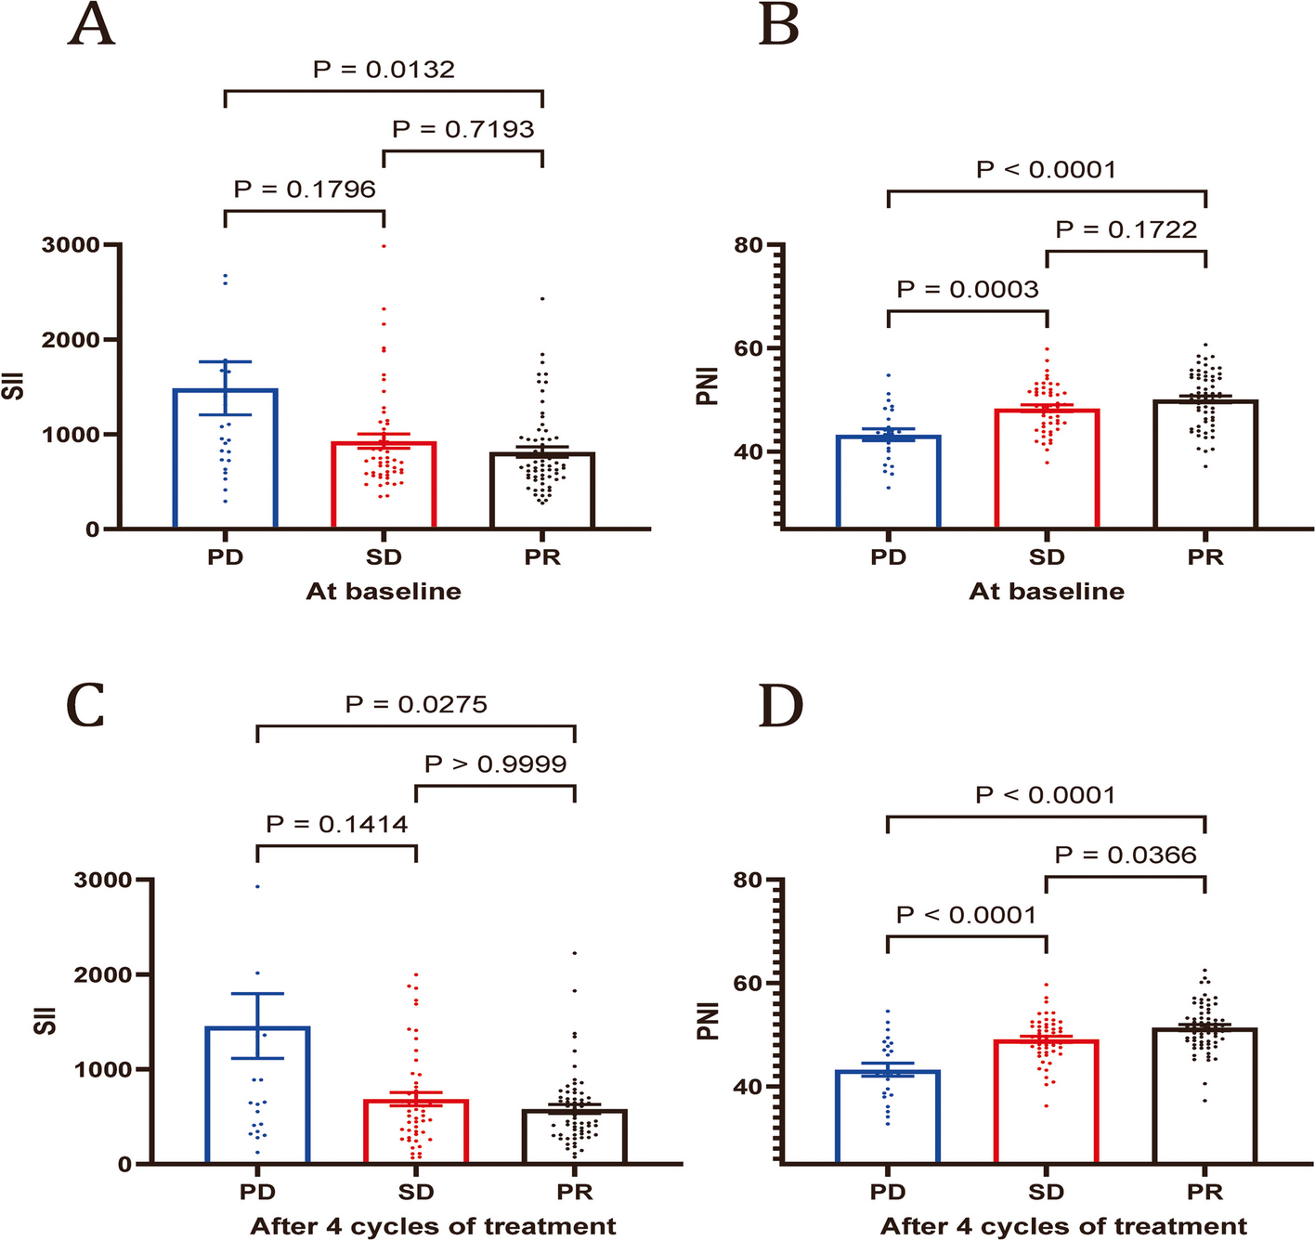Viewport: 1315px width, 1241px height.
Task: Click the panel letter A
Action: point(91,25)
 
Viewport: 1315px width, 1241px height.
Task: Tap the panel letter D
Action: point(779,708)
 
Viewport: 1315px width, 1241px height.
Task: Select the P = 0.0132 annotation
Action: point(384,70)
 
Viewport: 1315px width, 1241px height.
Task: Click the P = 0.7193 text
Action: point(463,129)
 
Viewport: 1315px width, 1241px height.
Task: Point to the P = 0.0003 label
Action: point(967,290)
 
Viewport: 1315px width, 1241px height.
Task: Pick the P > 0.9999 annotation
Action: point(495,764)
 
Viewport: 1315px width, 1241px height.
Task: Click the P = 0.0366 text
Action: point(1126,856)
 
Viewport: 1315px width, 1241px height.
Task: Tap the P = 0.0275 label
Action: point(416,705)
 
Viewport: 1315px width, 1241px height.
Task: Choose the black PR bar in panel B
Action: point(1205,464)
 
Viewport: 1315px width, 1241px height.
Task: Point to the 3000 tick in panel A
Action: point(71,245)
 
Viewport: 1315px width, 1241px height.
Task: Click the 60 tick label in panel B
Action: point(748,349)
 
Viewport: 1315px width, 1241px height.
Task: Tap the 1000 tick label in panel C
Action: point(103,1070)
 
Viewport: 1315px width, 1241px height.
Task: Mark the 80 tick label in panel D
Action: point(748,880)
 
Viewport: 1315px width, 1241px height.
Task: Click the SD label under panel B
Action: point(1047,557)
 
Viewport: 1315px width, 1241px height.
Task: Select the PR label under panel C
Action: point(575,1192)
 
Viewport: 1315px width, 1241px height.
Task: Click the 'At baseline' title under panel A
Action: point(384,592)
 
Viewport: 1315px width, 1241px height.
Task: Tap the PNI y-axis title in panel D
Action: point(709,1022)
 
